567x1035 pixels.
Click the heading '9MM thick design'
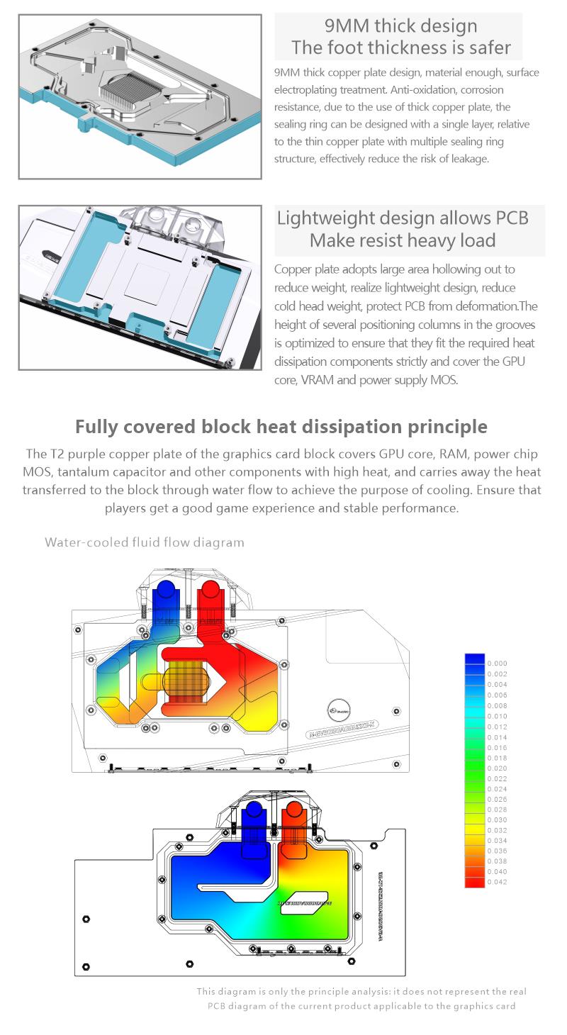click(x=400, y=26)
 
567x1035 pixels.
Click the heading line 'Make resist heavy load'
click(x=402, y=240)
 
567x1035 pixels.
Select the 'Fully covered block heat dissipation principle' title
click(x=281, y=427)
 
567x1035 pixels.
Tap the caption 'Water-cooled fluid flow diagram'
click(x=145, y=542)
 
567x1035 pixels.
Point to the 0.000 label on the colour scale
click(x=497, y=664)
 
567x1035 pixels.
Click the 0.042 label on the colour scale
click(x=497, y=883)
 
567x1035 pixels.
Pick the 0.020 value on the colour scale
click(x=497, y=768)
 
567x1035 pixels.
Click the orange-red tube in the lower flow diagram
click(x=293, y=822)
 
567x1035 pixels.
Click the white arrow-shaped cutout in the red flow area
click(x=216, y=682)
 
